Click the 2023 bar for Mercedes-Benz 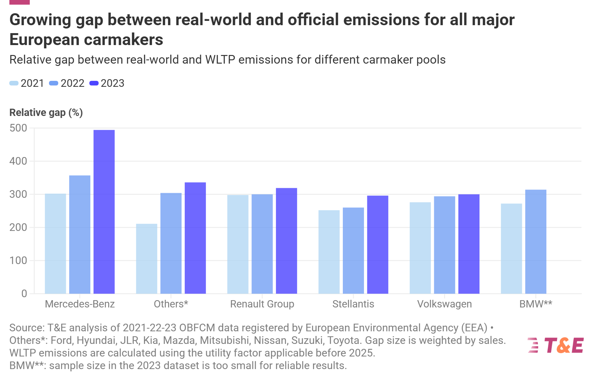point(104,212)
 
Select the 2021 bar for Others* point(147,259)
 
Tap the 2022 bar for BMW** point(535,242)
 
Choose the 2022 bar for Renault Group point(262,244)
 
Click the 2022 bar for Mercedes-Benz point(80,234)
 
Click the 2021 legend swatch point(14,83)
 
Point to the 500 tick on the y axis point(19,128)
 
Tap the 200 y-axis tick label point(19,228)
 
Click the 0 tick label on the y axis point(24,294)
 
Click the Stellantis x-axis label point(353,304)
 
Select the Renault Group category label point(262,304)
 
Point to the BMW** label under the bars point(535,304)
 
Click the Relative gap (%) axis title point(46,113)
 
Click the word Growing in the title point(40,20)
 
